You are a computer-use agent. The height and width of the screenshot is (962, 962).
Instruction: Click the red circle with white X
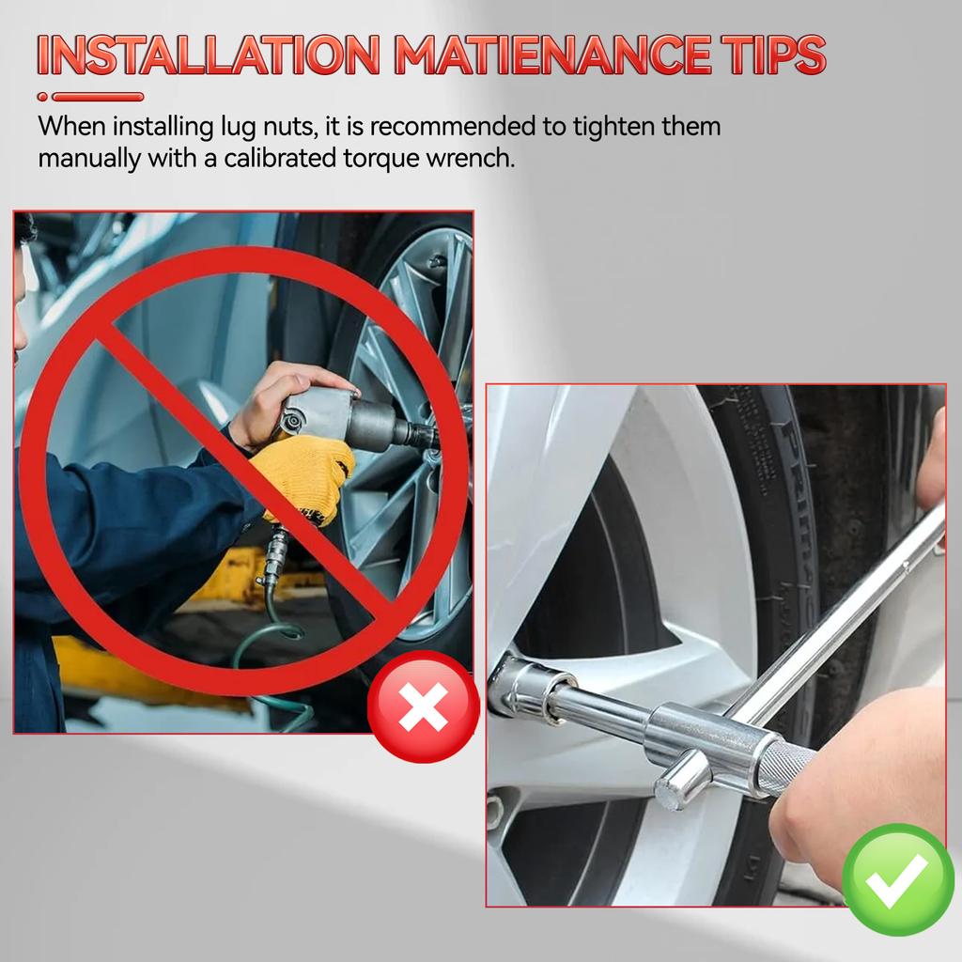pyautogui.click(x=423, y=706)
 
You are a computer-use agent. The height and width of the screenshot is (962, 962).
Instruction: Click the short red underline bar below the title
pyautogui.click(x=98, y=97)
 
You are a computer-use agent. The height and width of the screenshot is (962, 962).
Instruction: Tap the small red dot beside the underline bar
pyautogui.click(x=42, y=97)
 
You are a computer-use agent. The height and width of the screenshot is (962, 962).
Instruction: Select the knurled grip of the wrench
pyautogui.click(x=785, y=767)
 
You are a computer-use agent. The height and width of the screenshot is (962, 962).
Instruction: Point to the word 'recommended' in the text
pyautogui.click(x=452, y=127)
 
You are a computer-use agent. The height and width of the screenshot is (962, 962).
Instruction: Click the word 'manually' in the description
pyautogui.click(x=89, y=159)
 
